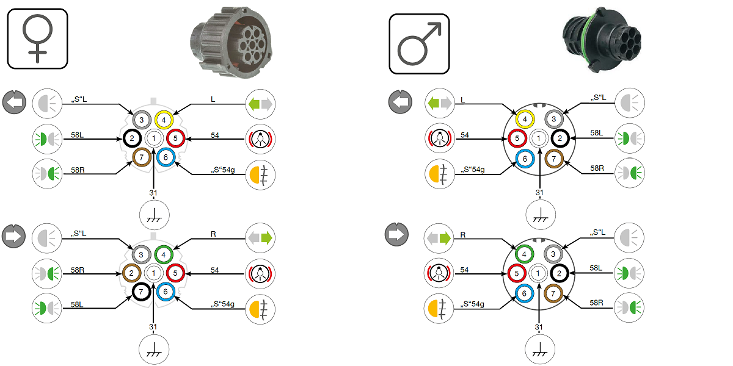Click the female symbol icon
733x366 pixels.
[x=37, y=38]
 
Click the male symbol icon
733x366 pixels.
[x=419, y=44]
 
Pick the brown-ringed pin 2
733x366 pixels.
[x=131, y=273]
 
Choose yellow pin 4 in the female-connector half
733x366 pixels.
[x=164, y=120]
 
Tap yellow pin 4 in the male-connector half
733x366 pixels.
[x=524, y=119]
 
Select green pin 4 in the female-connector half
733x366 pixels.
[x=164, y=254]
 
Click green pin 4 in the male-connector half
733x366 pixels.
[x=524, y=253]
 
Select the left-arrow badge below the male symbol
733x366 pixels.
[x=400, y=101]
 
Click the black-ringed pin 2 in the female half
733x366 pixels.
[x=131, y=139]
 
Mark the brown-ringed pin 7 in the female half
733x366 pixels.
[x=142, y=158]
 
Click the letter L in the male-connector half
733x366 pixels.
[x=462, y=99]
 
